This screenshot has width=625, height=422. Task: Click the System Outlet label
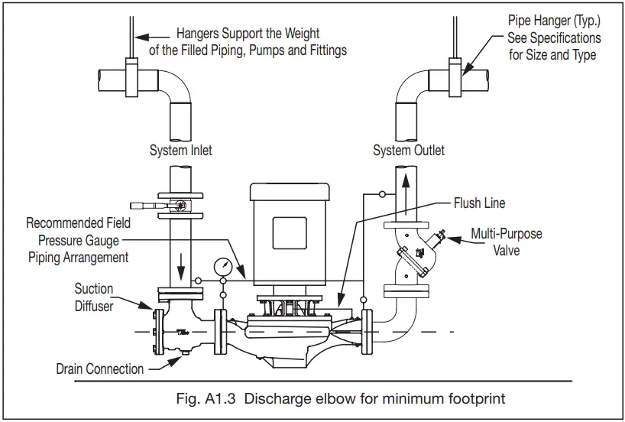point(409,151)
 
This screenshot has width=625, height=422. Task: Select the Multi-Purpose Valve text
point(506,241)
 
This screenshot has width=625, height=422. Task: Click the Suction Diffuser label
point(94,297)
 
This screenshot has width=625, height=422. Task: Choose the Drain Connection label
point(100,369)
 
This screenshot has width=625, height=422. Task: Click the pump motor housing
point(289,233)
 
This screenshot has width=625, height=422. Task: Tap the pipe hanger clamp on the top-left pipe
point(138,75)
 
